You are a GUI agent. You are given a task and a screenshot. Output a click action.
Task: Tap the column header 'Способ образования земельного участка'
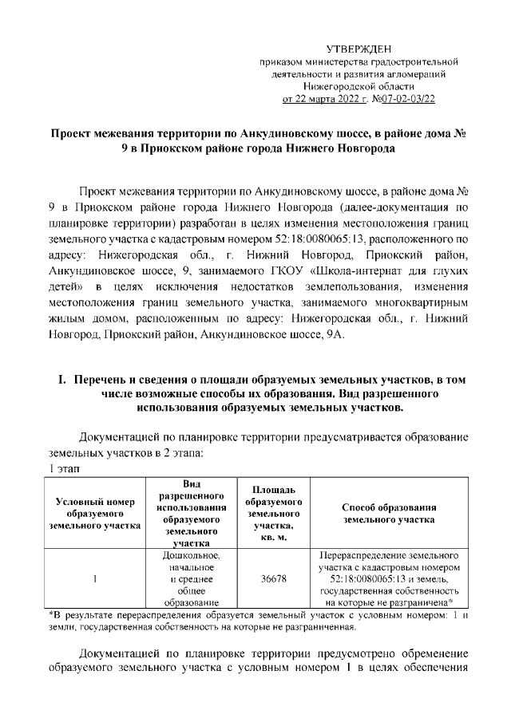pyautogui.click(x=388, y=513)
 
